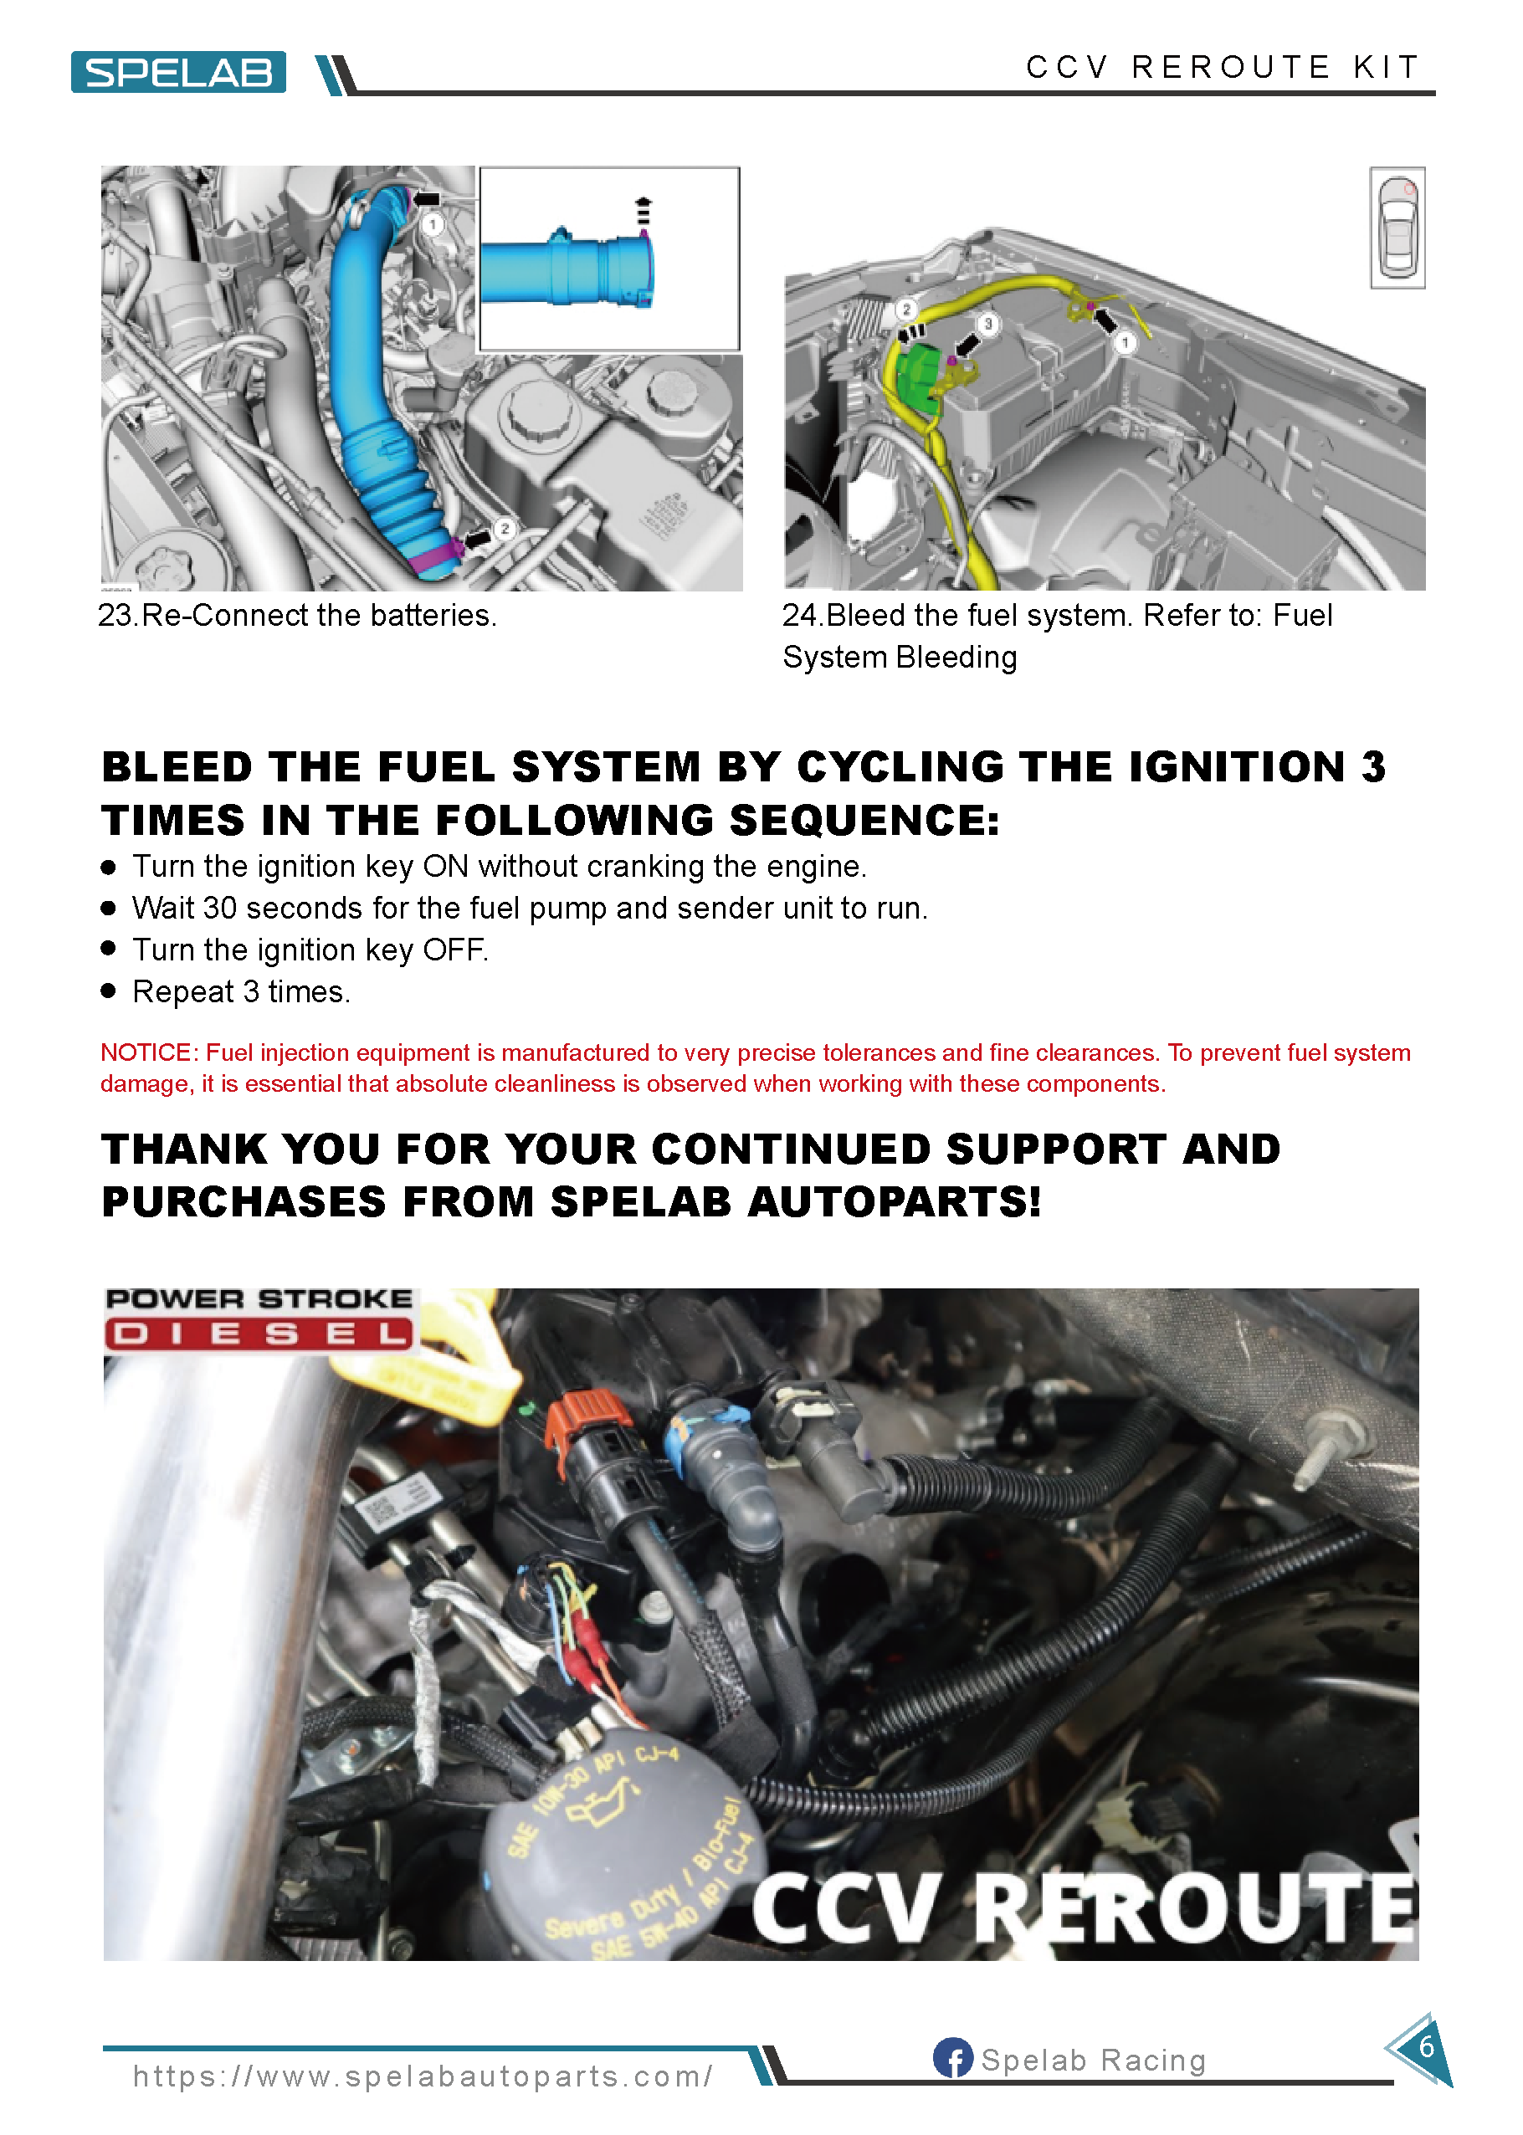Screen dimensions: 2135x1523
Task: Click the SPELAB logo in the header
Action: (x=178, y=72)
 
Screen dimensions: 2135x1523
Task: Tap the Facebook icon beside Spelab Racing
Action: (x=952, y=2058)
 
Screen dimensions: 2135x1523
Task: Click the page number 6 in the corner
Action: (x=1425, y=2047)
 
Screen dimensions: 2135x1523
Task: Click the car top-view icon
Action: (x=1397, y=228)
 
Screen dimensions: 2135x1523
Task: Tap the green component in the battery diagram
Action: (x=919, y=377)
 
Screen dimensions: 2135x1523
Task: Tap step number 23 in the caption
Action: (x=116, y=615)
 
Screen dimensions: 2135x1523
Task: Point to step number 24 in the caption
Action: (x=801, y=615)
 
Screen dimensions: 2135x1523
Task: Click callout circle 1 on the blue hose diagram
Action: (x=433, y=225)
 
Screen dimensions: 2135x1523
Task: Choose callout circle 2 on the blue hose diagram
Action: (x=505, y=529)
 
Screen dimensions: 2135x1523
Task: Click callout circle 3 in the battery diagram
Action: (x=987, y=324)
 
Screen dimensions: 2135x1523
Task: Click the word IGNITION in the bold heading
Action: (x=1237, y=767)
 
